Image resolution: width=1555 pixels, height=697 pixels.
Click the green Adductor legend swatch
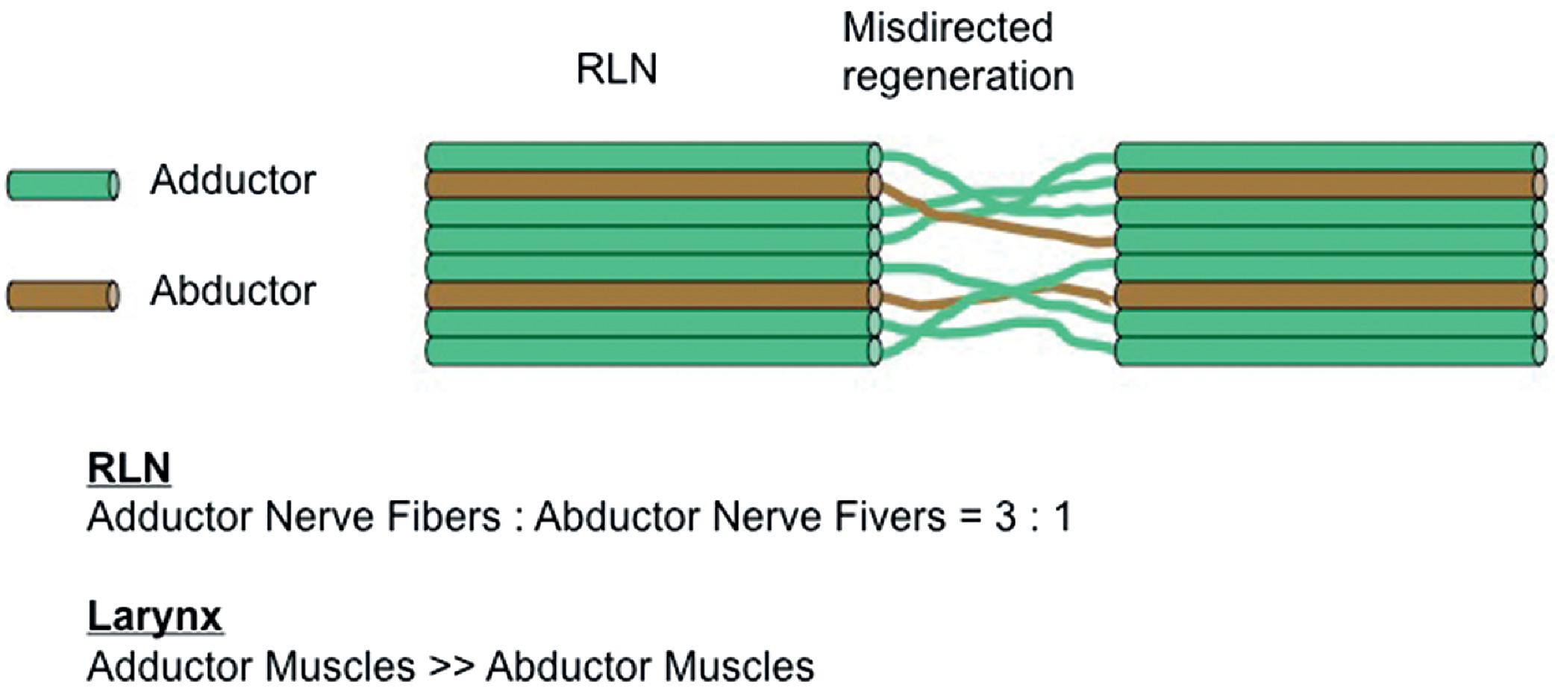tap(63, 185)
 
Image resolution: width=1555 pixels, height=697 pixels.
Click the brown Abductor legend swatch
tap(63, 296)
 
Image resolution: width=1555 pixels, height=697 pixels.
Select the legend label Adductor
tap(233, 181)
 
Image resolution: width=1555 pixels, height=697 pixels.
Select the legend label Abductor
tap(233, 291)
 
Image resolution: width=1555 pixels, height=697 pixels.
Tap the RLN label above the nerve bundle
tap(616, 69)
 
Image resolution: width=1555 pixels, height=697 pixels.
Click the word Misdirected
tap(947, 28)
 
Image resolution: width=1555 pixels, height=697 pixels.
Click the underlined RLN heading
tap(128, 468)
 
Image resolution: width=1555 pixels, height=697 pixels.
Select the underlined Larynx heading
tap(154, 616)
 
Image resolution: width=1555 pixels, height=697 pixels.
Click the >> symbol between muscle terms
tap(451, 666)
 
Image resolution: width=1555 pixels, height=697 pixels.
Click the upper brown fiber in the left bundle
tap(649, 184)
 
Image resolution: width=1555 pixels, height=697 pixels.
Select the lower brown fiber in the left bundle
tap(649, 296)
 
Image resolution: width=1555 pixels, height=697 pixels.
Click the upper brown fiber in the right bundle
tap(1328, 184)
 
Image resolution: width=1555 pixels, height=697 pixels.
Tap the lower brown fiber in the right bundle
tap(1328, 296)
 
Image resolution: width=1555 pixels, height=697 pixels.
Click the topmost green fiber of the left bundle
tap(649, 157)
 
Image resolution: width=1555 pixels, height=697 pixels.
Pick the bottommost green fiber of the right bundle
tap(1328, 351)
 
